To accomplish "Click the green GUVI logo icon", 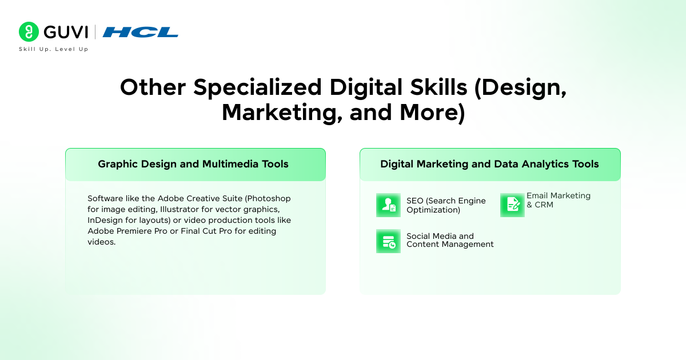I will pyautogui.click(x=29, y=32).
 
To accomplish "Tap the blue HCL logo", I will pyautogui.click(x=141, y=32).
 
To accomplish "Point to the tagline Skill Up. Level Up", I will pyautogui.click(x=54, y=49).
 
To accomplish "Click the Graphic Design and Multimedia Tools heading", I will pyautogui.click(x=193, y=165).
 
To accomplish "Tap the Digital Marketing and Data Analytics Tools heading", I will pyautogui.click(x=489, y=165).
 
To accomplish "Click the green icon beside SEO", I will pyautogui.click(x=388, y=205).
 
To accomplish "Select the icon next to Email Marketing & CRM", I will pyautogui.click(x=512, y=205).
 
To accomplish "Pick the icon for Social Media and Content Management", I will pyautogui.click(x=388, y=241).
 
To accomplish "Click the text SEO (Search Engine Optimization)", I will pyautogui.click(x=446, y=205).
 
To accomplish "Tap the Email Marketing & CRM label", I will pyautogui.click(x=558, y=200).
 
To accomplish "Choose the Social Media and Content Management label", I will pyautogui.click(x=450, y=240).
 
